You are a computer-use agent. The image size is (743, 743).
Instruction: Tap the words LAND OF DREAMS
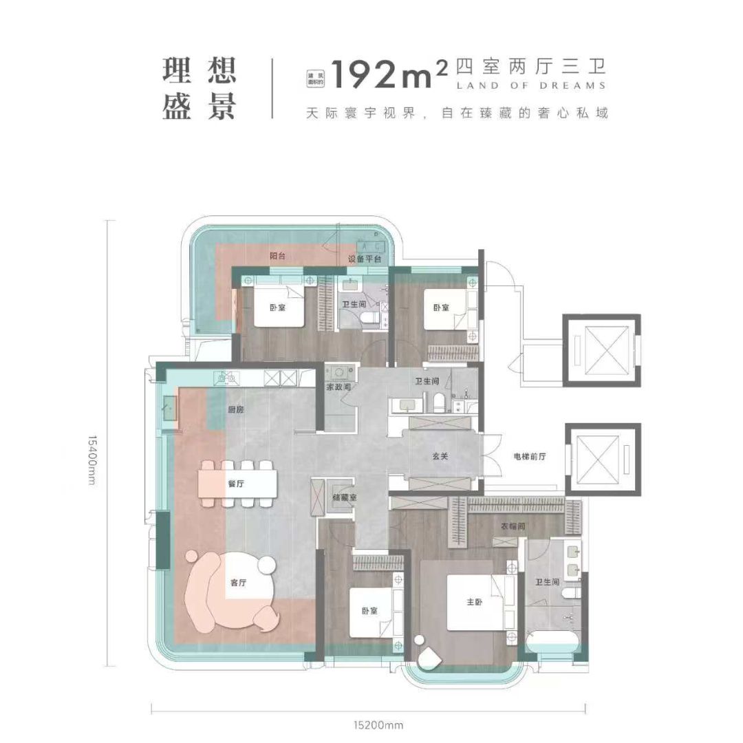click(530, 86)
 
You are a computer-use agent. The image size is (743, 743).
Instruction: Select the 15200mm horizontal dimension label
click(369, 724)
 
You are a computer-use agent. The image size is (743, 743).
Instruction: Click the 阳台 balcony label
click(277, 255)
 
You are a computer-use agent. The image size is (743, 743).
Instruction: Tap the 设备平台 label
click(364, 259)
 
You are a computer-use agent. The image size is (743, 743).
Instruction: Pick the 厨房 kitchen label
click(236, 410)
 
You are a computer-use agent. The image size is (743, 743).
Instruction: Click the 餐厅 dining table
click(239, 483)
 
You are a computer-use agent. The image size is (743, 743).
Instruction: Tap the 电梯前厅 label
click(529, 457)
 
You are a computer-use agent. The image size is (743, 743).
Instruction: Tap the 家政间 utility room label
click(339, 387)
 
